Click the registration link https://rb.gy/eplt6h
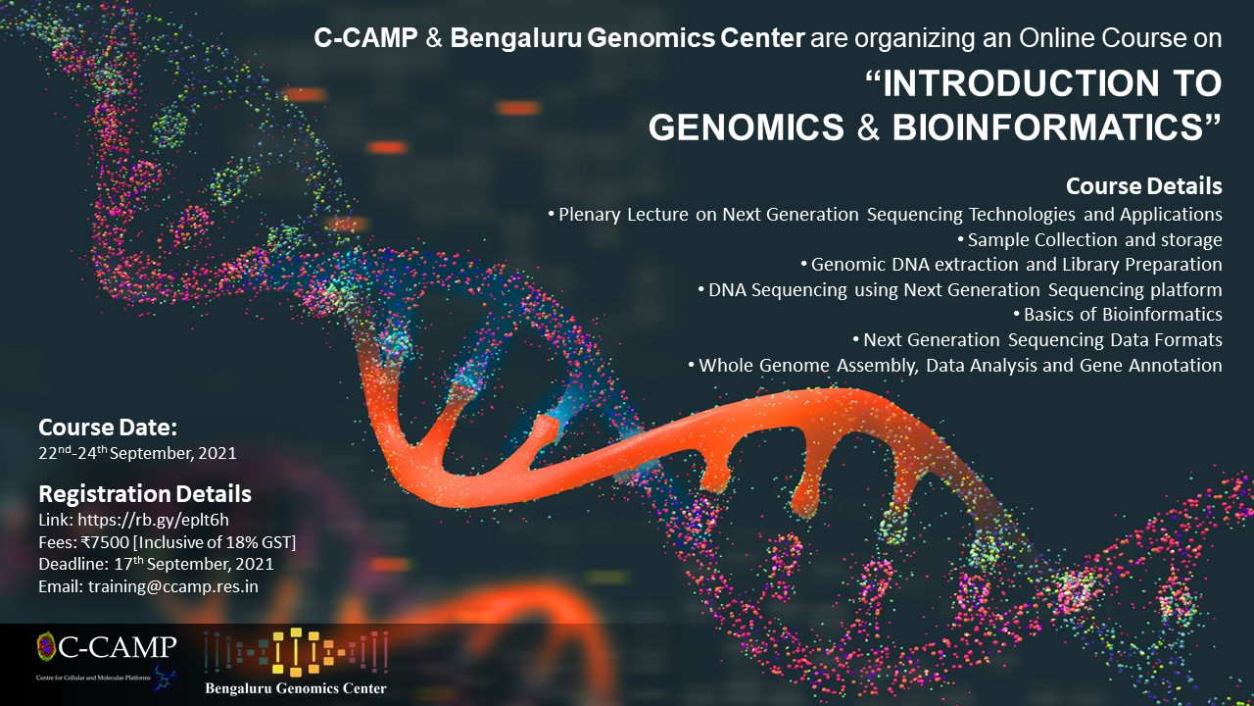(x=153, y=520)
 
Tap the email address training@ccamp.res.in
(x=173, y=586)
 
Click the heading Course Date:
(x=108, y=428)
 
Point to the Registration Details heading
(x=145, y=494)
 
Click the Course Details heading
(x=1143, y=186)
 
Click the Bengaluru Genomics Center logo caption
(x=296, y=688)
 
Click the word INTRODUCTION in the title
(x=1021, y=83)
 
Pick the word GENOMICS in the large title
(x=747, y=127)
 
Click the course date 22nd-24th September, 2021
(x=138, y=453)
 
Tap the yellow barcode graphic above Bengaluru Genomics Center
(x=296, y=652)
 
